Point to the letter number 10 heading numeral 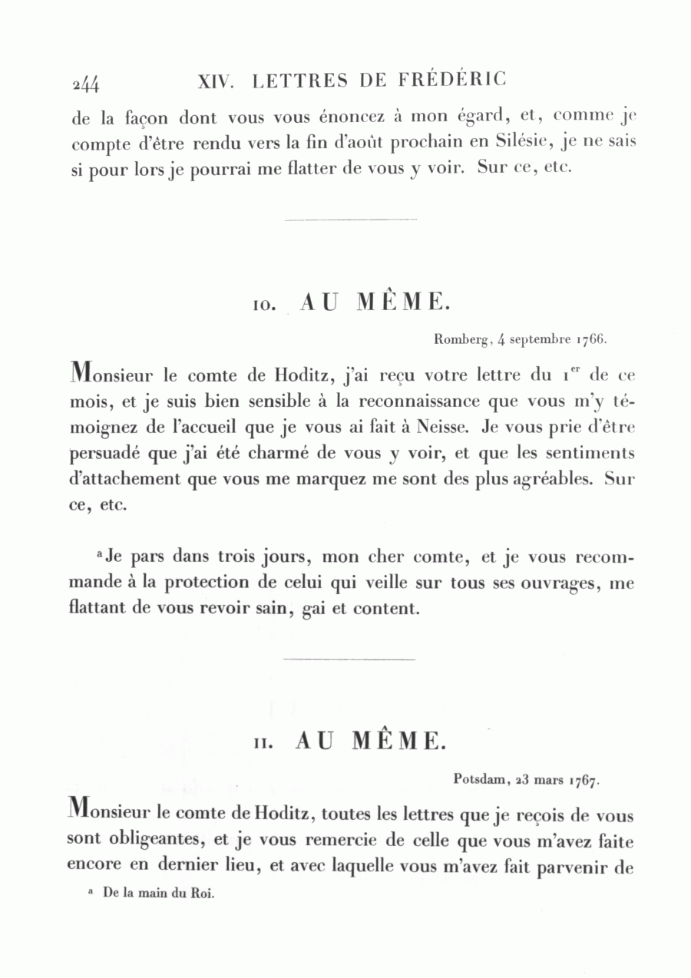(263, 306)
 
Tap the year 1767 (584, 781)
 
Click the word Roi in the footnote (204, 894)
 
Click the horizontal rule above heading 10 (350, 220)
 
